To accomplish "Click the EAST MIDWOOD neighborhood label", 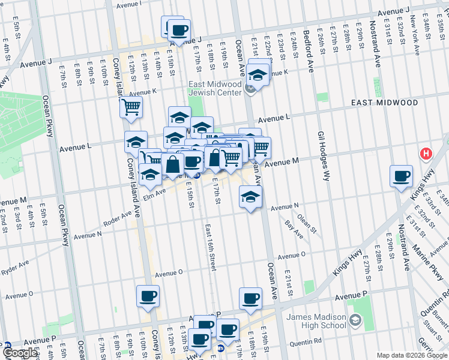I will pos(384,103).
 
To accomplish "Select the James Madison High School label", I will pos(316,321).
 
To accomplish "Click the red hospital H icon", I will pos(427,154).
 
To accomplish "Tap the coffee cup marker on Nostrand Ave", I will pos(401,176).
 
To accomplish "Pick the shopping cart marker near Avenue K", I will pos(130,107).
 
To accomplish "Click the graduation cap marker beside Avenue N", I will pos(250,196).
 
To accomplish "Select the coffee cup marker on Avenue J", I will pos(178,29).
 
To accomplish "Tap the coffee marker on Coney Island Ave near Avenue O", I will pos(148,296).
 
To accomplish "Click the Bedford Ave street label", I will pos(309,50).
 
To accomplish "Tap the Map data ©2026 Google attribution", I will pos(411,355).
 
